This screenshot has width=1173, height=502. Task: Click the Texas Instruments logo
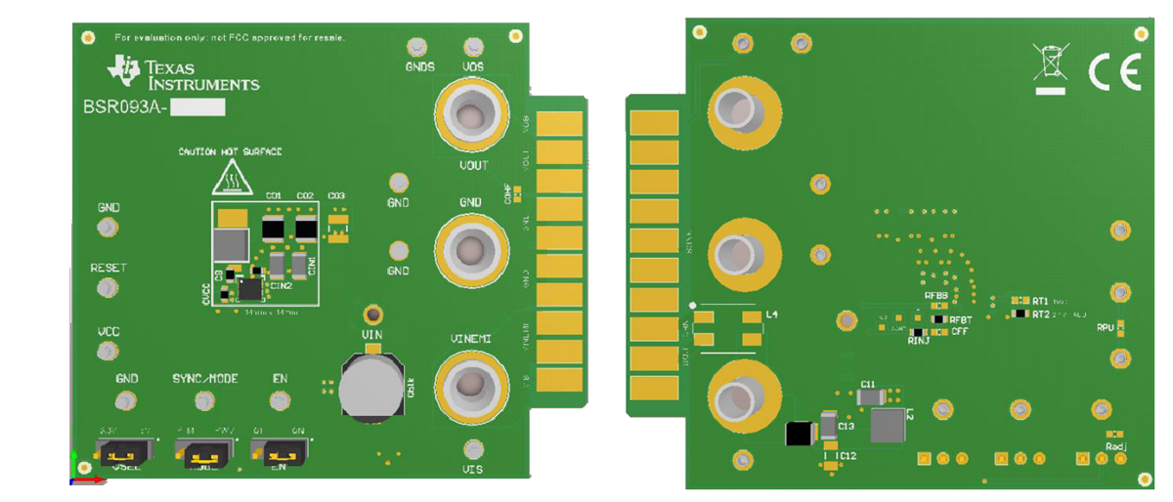(184, 74)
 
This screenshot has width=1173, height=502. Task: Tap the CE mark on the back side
(1114, 70)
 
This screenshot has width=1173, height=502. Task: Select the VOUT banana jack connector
(470, 117)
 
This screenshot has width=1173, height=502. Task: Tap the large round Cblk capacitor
(370, 387)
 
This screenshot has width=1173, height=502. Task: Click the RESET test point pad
(108, 288)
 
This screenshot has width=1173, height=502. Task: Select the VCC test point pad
(108, 352)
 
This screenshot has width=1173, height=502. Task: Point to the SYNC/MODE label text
(205, 378)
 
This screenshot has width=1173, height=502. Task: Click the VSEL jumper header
(122, 452)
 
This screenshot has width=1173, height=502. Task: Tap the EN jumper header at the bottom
(279, 452)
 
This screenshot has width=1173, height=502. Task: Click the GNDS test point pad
(417, 47)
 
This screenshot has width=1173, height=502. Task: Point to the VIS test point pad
(473, 448)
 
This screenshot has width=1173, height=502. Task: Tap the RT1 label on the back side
(1040, 301)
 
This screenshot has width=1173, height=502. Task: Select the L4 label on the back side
(772, 314)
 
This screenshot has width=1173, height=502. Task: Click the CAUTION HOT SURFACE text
(230, 151)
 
